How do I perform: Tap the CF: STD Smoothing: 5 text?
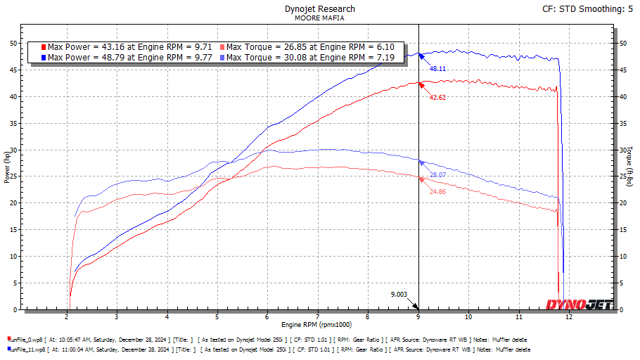click(x=589, y=9)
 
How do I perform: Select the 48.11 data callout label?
click(x=438, y=69)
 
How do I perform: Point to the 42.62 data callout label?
click(x=437, y=97)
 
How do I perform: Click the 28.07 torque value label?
click(x=438, y=174)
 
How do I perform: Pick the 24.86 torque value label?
click(x=438, y=191)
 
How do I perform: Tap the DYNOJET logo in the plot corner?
click(x=580, y=304)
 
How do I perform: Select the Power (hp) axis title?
click(x=6, y=166)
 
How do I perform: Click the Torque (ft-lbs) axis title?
click(x=631, y=166)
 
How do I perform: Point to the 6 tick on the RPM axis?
click(x=268, y=316)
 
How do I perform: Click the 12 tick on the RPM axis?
click(x=569, y=316)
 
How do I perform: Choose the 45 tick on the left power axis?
click(x=13, y=70)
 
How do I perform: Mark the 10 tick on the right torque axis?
click(x=623, y=257)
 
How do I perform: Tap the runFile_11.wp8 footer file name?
click(x=28, y=349)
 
